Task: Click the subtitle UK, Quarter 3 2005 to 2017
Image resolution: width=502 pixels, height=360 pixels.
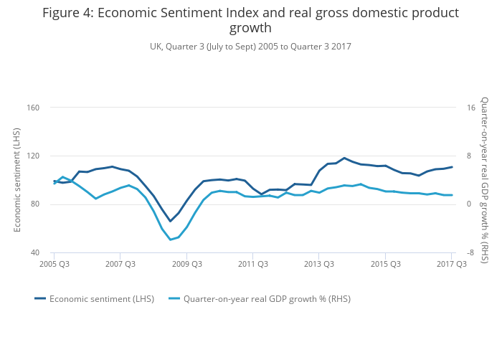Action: tap(250, 47)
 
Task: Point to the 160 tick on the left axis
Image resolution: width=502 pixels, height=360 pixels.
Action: tap(33, 108)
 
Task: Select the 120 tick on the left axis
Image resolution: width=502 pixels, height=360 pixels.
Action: tap(33, 156)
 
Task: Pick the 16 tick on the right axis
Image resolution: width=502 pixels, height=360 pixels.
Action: tap(470, 108)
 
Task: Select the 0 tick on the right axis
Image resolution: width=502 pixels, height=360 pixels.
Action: tap(468, 204)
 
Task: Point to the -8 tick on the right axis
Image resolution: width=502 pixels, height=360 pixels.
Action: tap(470, 253)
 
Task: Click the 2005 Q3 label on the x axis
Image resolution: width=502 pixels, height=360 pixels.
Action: tap(54, 264)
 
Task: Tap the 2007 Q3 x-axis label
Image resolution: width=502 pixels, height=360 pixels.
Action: tap(120, 264)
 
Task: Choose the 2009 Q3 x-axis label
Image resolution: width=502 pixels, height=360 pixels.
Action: tap(186, 264)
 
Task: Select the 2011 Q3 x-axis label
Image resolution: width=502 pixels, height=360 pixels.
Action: tap(252, 264)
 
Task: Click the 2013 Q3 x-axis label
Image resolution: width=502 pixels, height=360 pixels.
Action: tap(319, 264)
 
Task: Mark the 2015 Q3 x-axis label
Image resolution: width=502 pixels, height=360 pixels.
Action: tap(385, 264)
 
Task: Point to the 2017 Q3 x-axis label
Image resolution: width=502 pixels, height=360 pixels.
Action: tap(452, 264)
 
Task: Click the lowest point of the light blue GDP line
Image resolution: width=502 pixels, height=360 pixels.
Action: tap(170, 240)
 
